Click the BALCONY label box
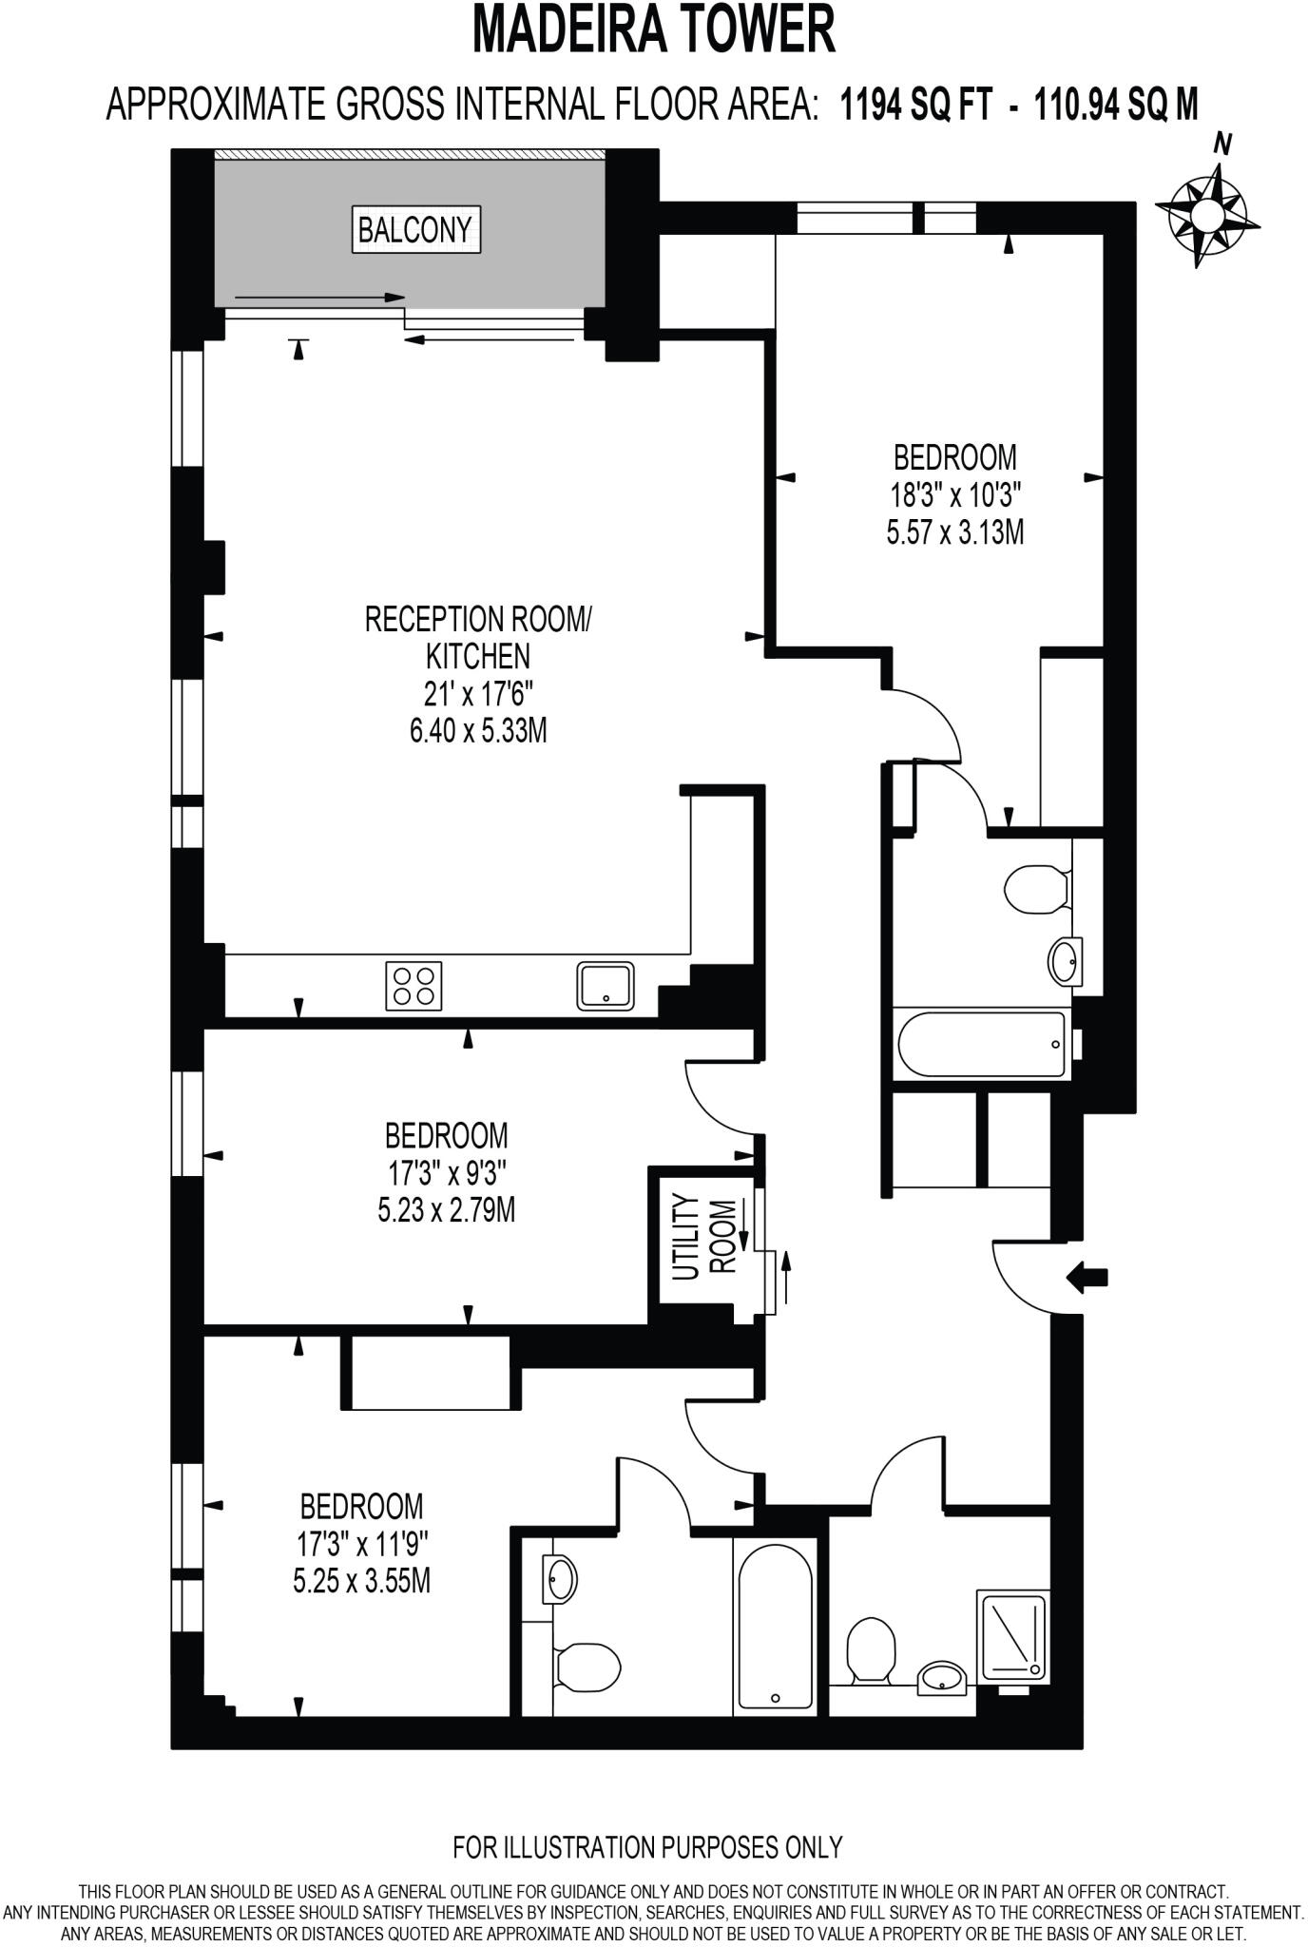tap(415, 229)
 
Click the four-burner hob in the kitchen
tap(414, 986)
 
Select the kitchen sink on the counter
tap(606, 986)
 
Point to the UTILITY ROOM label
tap(704, 1239)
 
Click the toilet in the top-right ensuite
tap(1038, 889)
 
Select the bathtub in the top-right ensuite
tap(983, 1045)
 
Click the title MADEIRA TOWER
tap(654, 29)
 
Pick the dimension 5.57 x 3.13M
tap(954, 532)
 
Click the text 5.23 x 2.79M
tap(446, 1210)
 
